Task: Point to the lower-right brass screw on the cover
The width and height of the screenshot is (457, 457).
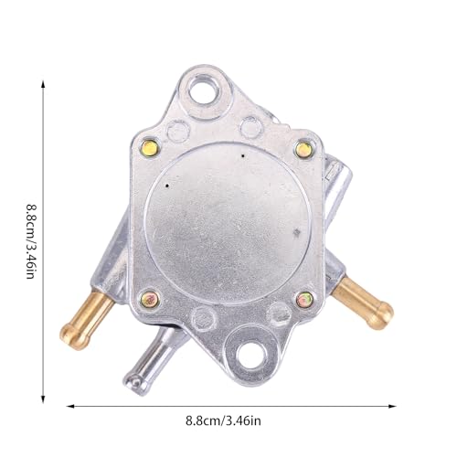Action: [x=303, y=297]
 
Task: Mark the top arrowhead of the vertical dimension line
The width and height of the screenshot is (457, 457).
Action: [x=45, y=80]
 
